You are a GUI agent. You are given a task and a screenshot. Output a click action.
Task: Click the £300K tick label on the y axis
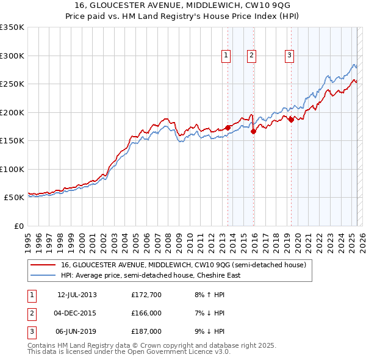(12, 56)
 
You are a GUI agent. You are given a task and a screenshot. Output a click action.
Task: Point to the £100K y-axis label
(12, 169)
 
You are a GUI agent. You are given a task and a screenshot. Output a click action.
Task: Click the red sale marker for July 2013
(228, 128)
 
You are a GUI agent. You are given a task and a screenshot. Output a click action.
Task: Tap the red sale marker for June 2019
(292, 120)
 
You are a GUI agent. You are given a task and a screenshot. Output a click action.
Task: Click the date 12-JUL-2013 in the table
(77, 295)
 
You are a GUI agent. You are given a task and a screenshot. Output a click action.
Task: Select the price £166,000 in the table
(146, 313)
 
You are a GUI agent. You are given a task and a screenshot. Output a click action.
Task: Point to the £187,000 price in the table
(146, 331)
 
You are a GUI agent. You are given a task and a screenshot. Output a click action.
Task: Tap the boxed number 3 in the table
(30, 331)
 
